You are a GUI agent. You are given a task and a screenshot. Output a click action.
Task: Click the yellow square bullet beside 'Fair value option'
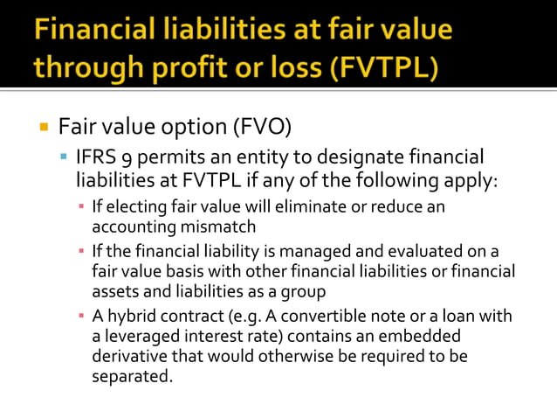tap(44, 128)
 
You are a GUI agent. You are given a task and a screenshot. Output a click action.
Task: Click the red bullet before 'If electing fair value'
tap(81, 207)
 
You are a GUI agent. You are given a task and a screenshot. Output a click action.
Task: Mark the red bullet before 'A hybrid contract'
tap(81, 317)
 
